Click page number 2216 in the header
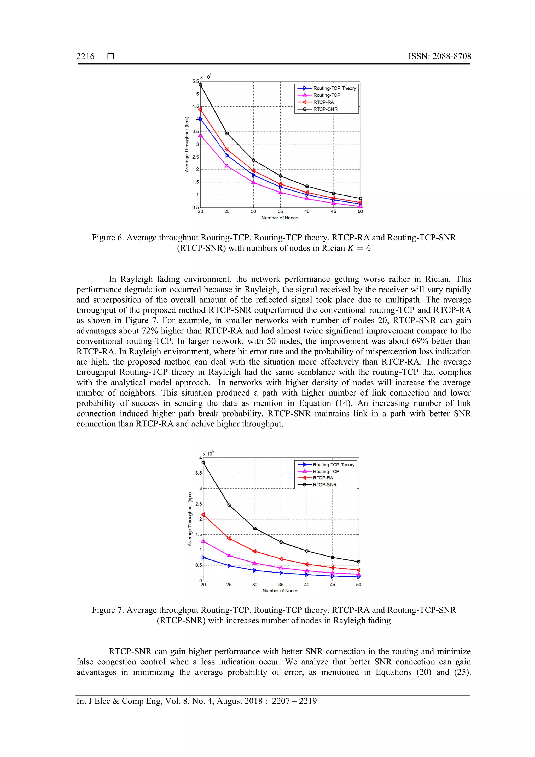(85, 56)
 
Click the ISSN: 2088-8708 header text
(439, 56)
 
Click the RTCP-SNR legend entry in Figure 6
(325, 109)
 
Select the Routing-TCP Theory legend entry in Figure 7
(333, 465)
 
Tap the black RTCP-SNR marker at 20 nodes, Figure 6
(200, 85)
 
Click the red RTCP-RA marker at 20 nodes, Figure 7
(203, 515)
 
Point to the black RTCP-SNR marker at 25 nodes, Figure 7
(229, 505)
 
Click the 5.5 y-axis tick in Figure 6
(195, 82)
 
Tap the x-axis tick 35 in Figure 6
(280, 211)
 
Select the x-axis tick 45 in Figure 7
(333, 585)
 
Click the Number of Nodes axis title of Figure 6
(280, 218)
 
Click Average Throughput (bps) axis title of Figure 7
(190, 519)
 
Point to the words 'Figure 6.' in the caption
(108, 238)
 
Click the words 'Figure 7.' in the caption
(108, 610)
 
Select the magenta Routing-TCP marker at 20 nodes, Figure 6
(200, 135)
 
